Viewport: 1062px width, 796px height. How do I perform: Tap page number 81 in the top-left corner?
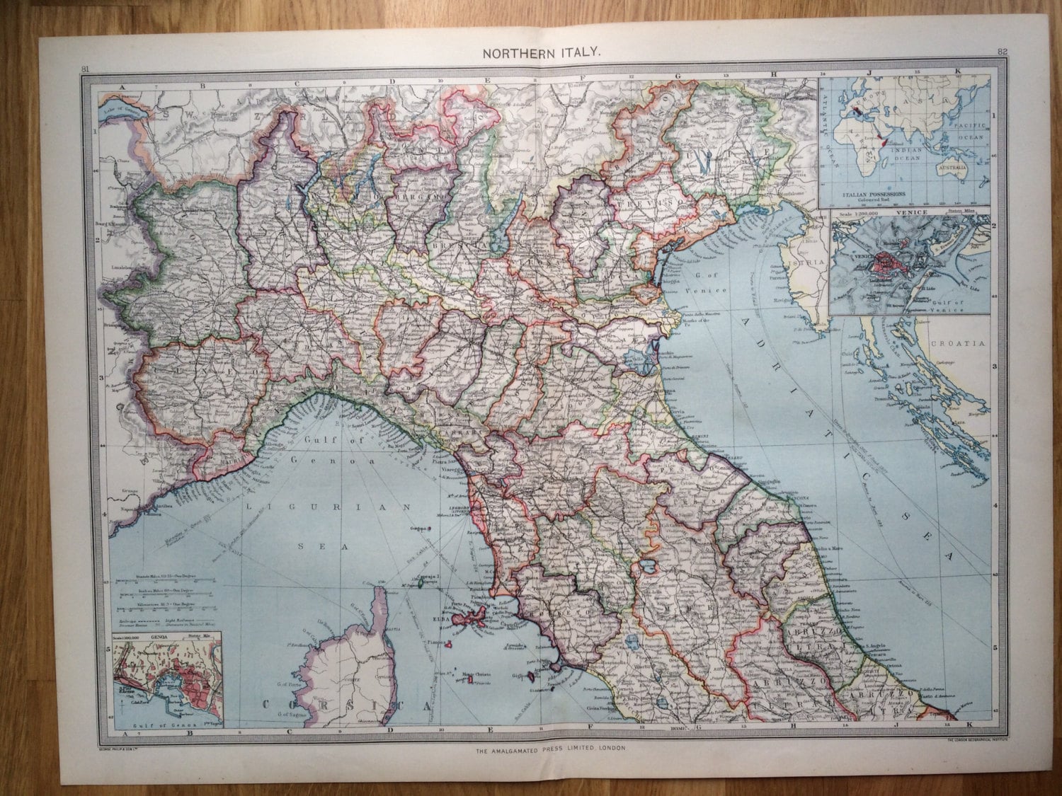pyautogui.click(x=86, y=68)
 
